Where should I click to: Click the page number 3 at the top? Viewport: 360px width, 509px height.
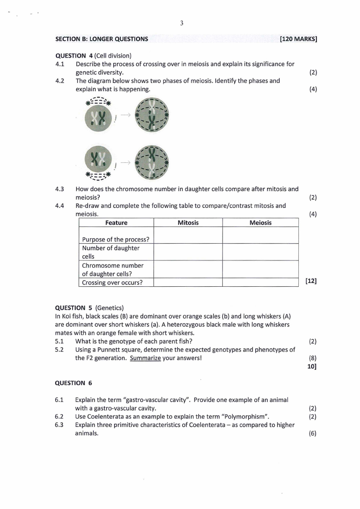tap(181, 24)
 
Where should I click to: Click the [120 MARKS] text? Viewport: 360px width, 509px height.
tap(298, 39)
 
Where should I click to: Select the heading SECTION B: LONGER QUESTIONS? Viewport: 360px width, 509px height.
tap(102, 39)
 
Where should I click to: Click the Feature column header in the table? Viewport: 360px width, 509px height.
tap(116, 223)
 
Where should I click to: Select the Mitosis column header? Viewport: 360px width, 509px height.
tap(188, 223)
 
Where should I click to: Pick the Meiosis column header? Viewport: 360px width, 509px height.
tap(260, 223)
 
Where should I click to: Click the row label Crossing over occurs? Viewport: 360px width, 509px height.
tap(112, 283)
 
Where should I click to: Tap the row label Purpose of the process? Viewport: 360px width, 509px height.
tap(116, 240)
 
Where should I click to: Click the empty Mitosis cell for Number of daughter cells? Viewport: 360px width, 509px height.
tap(188, 252)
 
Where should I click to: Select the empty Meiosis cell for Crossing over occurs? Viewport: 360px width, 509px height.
tap(260, 283)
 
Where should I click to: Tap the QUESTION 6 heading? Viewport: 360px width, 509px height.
tap(73, 383)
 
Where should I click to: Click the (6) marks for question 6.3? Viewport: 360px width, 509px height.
tap(312, 433)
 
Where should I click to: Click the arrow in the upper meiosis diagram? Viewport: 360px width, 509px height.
tap(126, 115)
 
